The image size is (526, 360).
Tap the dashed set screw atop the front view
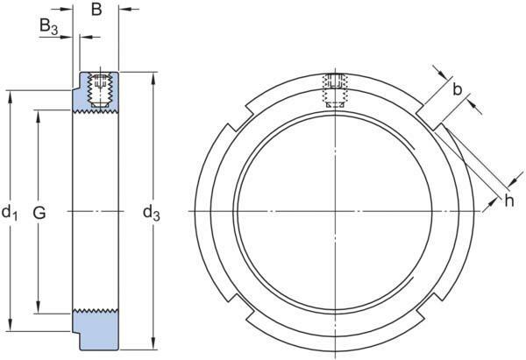[x=336, y=89]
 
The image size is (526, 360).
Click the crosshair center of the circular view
[x=336, y=212]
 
